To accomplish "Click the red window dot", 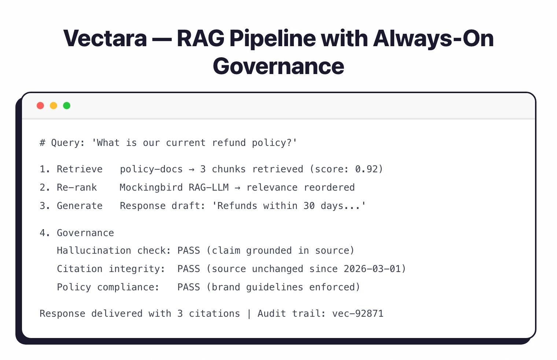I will click(40, 106).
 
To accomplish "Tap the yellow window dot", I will click(54, 106).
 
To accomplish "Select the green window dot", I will click(67, 106).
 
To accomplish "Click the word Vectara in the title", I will click(105, 38).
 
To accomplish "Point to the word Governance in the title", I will click(278, 66).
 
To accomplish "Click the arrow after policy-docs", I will click(191, 169).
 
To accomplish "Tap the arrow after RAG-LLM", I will click(237, 188).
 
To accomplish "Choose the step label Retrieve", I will click(80, 169).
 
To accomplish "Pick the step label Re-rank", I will click(77, 187).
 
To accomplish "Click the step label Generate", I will click(80, 206).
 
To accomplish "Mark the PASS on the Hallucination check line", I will click(189, 250).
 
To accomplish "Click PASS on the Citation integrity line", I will click(189, 269).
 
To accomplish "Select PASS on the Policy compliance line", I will click(189, 287).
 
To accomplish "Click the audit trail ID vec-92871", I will click(358, 313).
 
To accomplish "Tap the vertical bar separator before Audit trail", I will click(249, 314).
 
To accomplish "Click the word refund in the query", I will click(229, 143).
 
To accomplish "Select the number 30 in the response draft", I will click(309, 206).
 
